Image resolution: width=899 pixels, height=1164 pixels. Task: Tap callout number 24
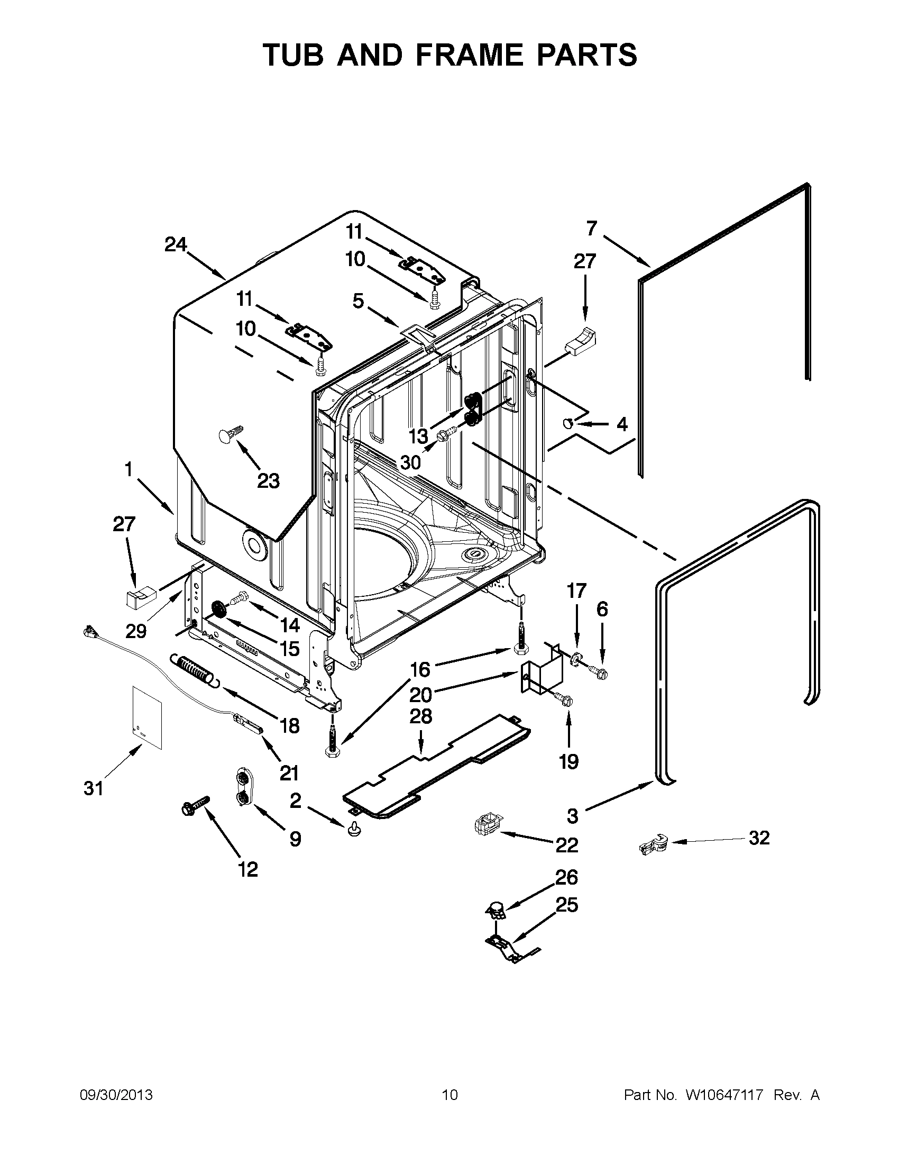(175, 244)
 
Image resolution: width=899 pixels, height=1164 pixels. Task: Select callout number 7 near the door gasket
(592, 229)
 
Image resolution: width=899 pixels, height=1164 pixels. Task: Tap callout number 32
(759, 838)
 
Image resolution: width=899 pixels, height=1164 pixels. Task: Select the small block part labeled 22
(488, 826)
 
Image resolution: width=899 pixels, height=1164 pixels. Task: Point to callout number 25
(567, 905)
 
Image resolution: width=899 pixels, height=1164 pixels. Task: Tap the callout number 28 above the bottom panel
(420, 717)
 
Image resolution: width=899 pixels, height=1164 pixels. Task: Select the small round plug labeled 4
(568, 424)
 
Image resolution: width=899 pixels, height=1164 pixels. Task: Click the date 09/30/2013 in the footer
(116, 1095)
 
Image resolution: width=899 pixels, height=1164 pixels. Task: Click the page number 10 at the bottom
(449, 1095)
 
